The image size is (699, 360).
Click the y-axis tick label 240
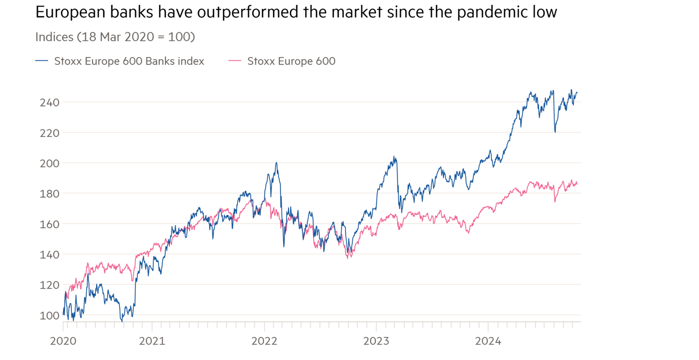50,102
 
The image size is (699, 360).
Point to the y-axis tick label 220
50,133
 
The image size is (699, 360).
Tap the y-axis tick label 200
50,163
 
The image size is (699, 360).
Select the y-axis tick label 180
50,193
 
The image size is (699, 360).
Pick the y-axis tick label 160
50,224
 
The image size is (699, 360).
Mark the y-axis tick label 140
50,255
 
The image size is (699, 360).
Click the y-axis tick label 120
50,285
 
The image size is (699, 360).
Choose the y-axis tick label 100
50,315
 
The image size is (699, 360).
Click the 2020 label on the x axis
63,341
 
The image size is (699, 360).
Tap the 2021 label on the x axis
152,341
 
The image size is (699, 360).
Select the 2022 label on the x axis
264,341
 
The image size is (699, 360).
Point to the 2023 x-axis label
376,341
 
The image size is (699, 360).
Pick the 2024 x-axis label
488,341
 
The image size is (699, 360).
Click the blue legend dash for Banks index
42,61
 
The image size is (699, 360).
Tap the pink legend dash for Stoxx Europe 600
235,61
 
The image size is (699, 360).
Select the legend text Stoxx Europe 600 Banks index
129,61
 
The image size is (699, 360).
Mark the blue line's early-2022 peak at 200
276,163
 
